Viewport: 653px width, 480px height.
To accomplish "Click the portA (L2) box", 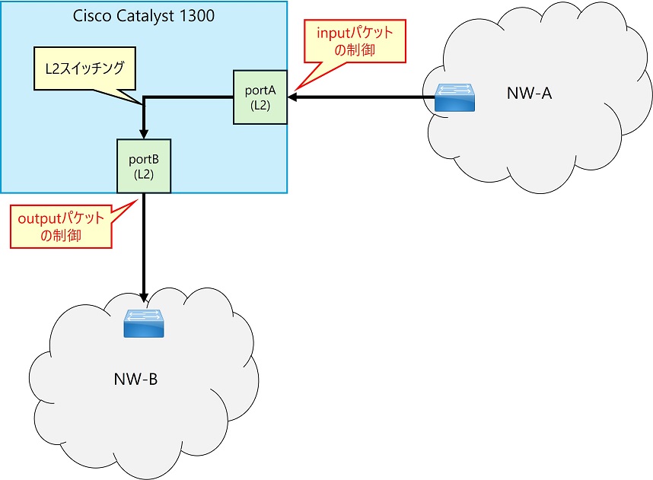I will tap(260, 97).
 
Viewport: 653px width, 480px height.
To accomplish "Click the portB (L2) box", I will tap(144, 164).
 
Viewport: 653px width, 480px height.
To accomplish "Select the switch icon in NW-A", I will tap(457, 97).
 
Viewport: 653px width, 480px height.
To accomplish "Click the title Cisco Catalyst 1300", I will tap(143, 16).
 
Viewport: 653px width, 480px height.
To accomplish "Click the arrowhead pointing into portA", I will tap(291, 97).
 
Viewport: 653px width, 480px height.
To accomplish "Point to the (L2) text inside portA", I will tap(260, 105).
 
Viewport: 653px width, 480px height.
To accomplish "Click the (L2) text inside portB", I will tap(144, 173).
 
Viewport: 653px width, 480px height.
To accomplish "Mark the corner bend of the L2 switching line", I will tap(144, 97).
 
